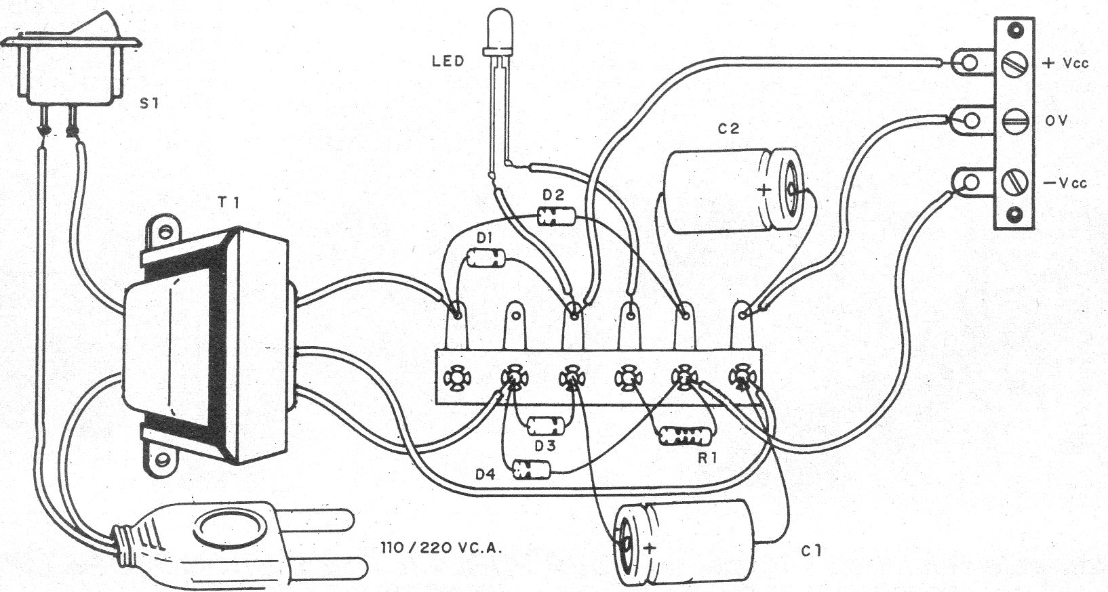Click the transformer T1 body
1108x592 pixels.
[203, 345]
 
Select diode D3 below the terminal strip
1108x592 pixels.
[546, 425]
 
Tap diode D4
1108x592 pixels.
[531, 469]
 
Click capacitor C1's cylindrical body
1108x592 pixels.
[692, 542]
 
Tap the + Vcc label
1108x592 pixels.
[1065, 63]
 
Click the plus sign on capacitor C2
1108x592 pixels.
[764, 190]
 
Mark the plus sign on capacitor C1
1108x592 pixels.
[651, 547]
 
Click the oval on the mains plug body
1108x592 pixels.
[227, 532]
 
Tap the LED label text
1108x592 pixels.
[448, 61]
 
